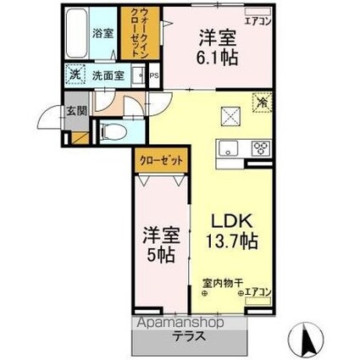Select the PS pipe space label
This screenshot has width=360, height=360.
(x=153, y=74)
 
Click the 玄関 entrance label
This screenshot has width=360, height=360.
(x=75, y=110)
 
